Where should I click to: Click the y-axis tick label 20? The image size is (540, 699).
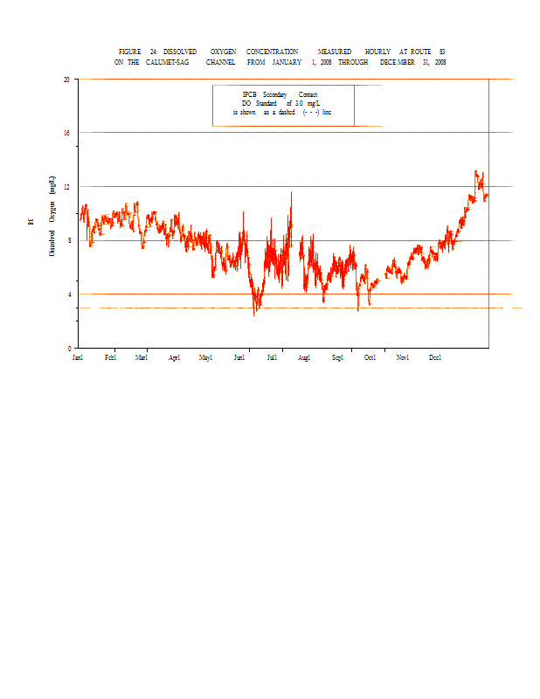click(x=66, y=80)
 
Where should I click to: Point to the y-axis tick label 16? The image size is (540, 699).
click(x=66, y=133)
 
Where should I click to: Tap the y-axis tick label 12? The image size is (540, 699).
click(x=66, y=187)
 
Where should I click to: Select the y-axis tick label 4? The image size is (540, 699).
click(x=68, y=294)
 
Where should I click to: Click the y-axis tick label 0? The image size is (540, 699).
click(x=68, y=348)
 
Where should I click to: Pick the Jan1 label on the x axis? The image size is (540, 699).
click(x=78, y=358)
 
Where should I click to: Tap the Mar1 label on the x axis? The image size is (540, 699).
click(x=142, y=358)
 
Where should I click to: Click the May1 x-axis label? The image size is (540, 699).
click(x=206, y=358)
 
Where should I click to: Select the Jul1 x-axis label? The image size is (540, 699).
click(x=272, y=358)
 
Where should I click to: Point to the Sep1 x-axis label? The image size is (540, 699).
click(x=338, y=358)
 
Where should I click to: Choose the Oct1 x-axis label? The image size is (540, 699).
click(x=370, y=358)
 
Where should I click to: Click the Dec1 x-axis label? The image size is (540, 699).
click(x=435, y=358)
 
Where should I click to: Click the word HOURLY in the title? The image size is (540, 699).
click(x=377, y=52)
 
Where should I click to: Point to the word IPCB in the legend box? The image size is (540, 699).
click(x=250, y=94)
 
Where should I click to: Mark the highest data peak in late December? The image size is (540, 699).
click(x=475, y=171)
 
